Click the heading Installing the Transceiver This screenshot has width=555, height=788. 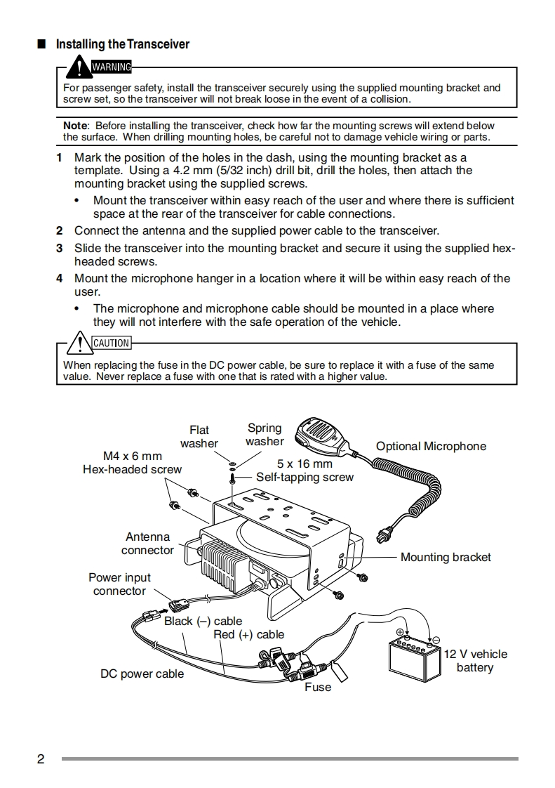pyautogui.click(x=123, y=44)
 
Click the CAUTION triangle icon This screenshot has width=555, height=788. pyautogui.click(x=79, y=343)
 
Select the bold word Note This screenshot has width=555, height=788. pyautogui.click(x=75, y=126)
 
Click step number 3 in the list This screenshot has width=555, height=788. pyautogui.click(x=60, y=248)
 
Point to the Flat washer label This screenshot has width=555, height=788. pyautogui.click(x=199, y=437)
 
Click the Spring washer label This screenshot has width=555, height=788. pyautogui.click(x=265, y=435)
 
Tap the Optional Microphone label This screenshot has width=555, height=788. pyautogui.click(x=431, y=446)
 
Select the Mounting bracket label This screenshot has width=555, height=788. pyautogui.click(x=446, y=557)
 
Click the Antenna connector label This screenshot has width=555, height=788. pyautogui.click(x=147, y=544)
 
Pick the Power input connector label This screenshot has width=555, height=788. pyautogui.click(x=119, y=584)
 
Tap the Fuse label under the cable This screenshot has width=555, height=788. pyautogui.click(x=318, y=687)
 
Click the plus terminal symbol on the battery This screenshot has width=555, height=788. pyautogui.click(x=401, y=631)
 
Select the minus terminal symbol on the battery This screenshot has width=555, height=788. pyautogui.click(x=436, y=640)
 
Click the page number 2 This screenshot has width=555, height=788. pyautogui.click(x=41, y=759)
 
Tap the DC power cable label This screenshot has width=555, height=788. pyautogui.click(x=142, y=674)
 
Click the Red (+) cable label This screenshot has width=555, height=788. pyautogui.click(x=249, y=634)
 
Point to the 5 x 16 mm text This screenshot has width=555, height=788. pyautogui.click(x=305, y=464)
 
